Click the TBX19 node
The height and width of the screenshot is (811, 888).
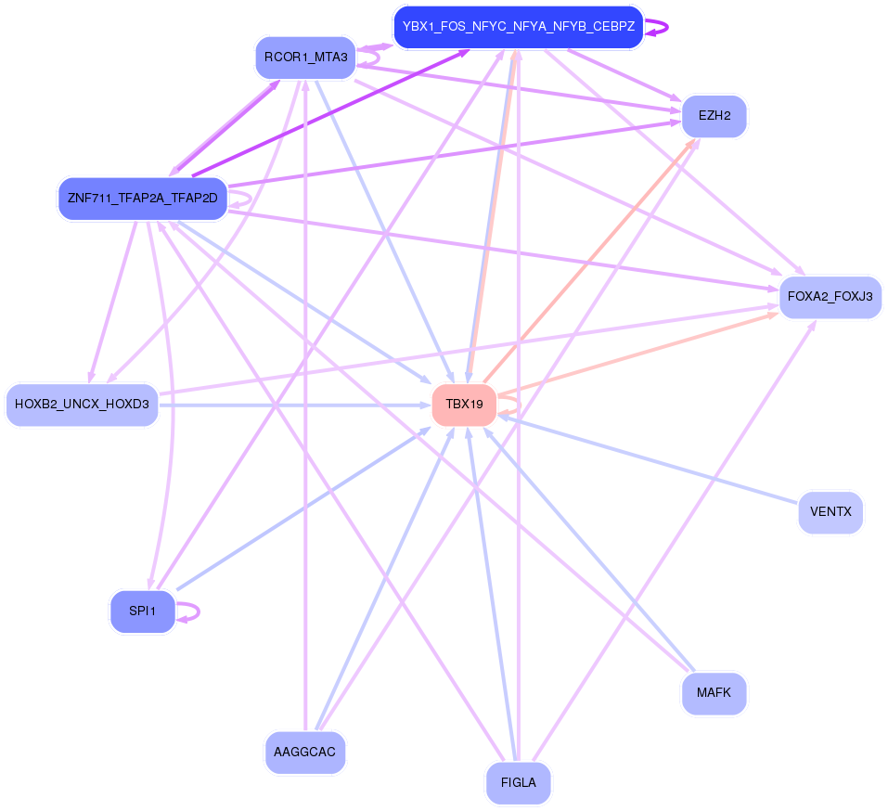point(464,405)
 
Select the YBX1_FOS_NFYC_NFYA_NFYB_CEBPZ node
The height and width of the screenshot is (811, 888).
point(518,27)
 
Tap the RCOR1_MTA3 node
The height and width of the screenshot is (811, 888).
point(305,58)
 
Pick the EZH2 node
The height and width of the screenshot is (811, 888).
point(714,117)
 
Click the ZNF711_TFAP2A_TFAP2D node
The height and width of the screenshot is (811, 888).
point(142,199)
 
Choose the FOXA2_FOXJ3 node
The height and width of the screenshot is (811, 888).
point(830,297)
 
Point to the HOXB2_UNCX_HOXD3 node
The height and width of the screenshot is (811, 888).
point(82,405)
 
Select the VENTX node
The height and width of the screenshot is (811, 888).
point(830,512)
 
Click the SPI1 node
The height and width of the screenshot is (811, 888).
point(142,611)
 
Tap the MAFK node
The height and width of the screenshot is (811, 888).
point(714,692)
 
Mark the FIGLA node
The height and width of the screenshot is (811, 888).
point(518,782)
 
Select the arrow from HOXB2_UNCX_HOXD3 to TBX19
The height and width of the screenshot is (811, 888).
point(297,405)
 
